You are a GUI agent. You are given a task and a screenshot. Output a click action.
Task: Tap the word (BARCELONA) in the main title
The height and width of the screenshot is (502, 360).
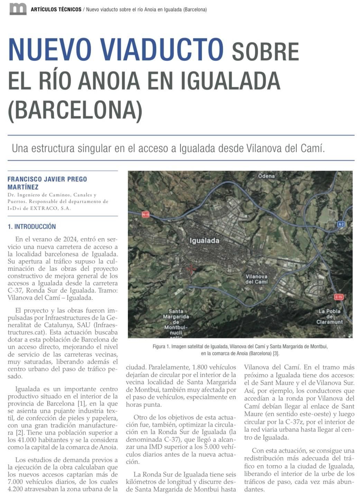pos(75,110)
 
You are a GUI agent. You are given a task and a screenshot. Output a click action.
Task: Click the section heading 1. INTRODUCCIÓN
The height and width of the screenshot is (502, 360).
pos(32,227)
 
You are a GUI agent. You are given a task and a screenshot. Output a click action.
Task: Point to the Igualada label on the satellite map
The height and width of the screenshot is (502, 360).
pos(204,240)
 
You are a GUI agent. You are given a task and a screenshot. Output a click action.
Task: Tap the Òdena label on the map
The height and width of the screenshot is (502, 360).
pos(266,176)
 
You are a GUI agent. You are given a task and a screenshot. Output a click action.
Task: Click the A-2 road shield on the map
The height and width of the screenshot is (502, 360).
pos(341,224)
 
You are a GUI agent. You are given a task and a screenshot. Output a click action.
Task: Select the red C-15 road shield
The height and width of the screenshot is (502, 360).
pos(339,297)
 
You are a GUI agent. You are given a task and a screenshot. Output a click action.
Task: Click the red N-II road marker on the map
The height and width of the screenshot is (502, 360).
pos(146,215)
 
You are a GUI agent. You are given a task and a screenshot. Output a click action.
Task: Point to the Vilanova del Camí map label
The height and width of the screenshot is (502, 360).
pos(256,279)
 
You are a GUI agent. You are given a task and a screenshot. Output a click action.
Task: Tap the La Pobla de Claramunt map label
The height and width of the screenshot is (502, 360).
pos(329,316)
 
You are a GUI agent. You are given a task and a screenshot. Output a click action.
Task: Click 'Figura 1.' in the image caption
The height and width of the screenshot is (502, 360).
pos(161,346)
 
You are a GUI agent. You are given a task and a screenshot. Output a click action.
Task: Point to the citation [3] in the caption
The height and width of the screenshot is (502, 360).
pos(276,354)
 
